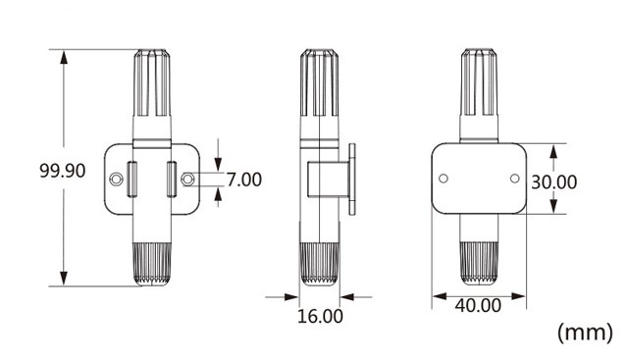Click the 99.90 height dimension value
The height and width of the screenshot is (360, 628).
(63, 171)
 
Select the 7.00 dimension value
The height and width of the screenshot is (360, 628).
(244, 180)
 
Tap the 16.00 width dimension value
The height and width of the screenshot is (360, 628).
(320, 316)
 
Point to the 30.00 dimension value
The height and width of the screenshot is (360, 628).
(553, 182)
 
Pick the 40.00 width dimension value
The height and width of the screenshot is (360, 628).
(478, 305)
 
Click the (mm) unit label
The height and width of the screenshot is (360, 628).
(585, 333)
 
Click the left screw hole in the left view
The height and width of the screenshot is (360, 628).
(116, 179)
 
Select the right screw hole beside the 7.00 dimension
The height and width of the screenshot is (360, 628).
(187, 179)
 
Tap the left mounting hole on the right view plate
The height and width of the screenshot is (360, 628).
(444, 179)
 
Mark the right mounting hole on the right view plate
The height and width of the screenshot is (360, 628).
(515, 179)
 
